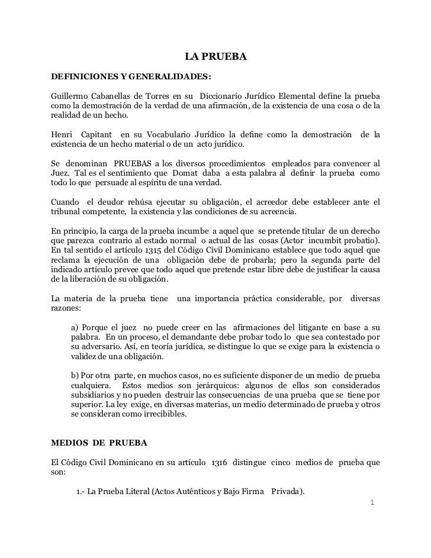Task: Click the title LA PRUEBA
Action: click(215, 57)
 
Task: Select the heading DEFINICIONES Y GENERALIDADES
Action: click(131, 77)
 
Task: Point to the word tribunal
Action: click(66, 211)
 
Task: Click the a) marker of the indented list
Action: click(75, 327)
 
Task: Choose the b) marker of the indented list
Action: click(76, 375)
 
